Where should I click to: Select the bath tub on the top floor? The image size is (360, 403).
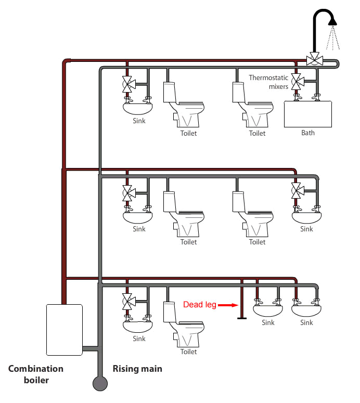pyautogui.click(x=307, y=114)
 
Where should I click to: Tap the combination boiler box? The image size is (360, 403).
pyautogui.click(x=65, y=329)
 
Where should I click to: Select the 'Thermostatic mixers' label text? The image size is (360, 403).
pyautogui.click(x=268, y=82)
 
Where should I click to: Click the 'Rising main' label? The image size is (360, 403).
pyautogui.click(x=137, y=369)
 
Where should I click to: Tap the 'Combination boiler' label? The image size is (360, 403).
pyautogui.click(x=35, y=374)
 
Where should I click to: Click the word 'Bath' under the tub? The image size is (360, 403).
pyautogui.click(x=308, y=133)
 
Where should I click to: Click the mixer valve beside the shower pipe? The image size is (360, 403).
pyautogui.click(x=314, y=60)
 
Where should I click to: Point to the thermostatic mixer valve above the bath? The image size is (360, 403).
pyautogui.click(x=297, y=81)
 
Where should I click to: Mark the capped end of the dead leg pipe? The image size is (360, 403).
pyautogui.click(x=241, y=318)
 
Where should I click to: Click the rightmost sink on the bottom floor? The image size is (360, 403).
pyautogui.click(x=307, y=310)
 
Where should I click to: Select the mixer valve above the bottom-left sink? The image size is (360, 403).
pyautogui.click(x=126, y=300)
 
